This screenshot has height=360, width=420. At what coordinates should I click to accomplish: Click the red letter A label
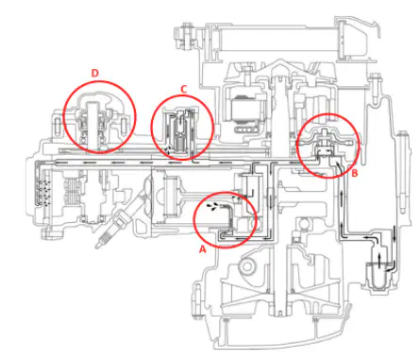click(203, 249)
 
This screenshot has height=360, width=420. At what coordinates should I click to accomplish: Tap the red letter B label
click(355, 173)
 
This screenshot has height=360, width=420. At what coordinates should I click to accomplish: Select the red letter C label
click(184, 90)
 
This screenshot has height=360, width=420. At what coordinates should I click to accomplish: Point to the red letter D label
click(94, 73)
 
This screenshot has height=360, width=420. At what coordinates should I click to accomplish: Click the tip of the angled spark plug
click(97, 246)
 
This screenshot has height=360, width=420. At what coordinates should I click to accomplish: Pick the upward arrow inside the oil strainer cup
click(378, 260)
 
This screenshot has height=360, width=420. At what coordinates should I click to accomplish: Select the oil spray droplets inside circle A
click(211, 207)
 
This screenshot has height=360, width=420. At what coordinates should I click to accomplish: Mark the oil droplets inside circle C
click(169, 150)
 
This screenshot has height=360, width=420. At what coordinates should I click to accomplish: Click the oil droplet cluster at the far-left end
click(47, 193)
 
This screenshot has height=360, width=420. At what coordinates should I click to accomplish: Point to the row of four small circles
click(248, 129)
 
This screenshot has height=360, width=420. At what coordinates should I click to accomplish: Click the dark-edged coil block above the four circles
click(245, 109)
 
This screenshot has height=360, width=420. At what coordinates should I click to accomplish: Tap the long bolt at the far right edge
click(402, 172)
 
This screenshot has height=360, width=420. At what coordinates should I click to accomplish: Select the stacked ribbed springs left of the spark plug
click(74, 193)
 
